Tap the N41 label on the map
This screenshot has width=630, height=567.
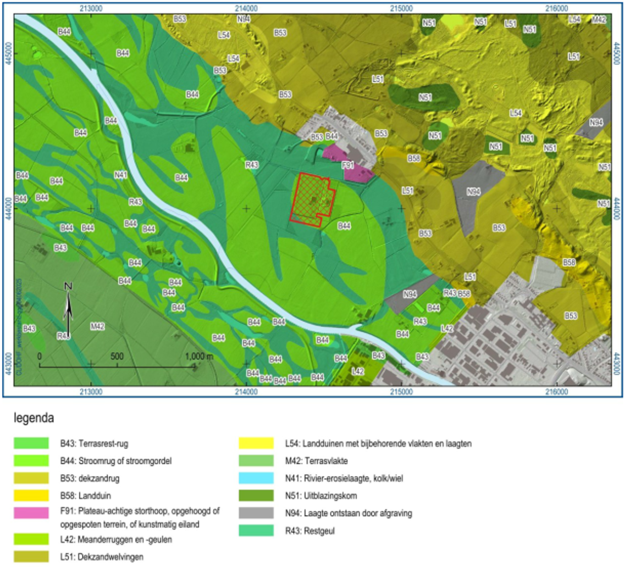121,175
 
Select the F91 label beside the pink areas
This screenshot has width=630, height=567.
347,164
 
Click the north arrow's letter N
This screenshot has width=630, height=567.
68,286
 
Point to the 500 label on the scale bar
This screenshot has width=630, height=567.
117,355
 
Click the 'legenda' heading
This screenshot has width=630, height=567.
34,419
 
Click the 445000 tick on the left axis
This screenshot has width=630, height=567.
8,53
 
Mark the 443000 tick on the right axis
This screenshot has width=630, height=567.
621,364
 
